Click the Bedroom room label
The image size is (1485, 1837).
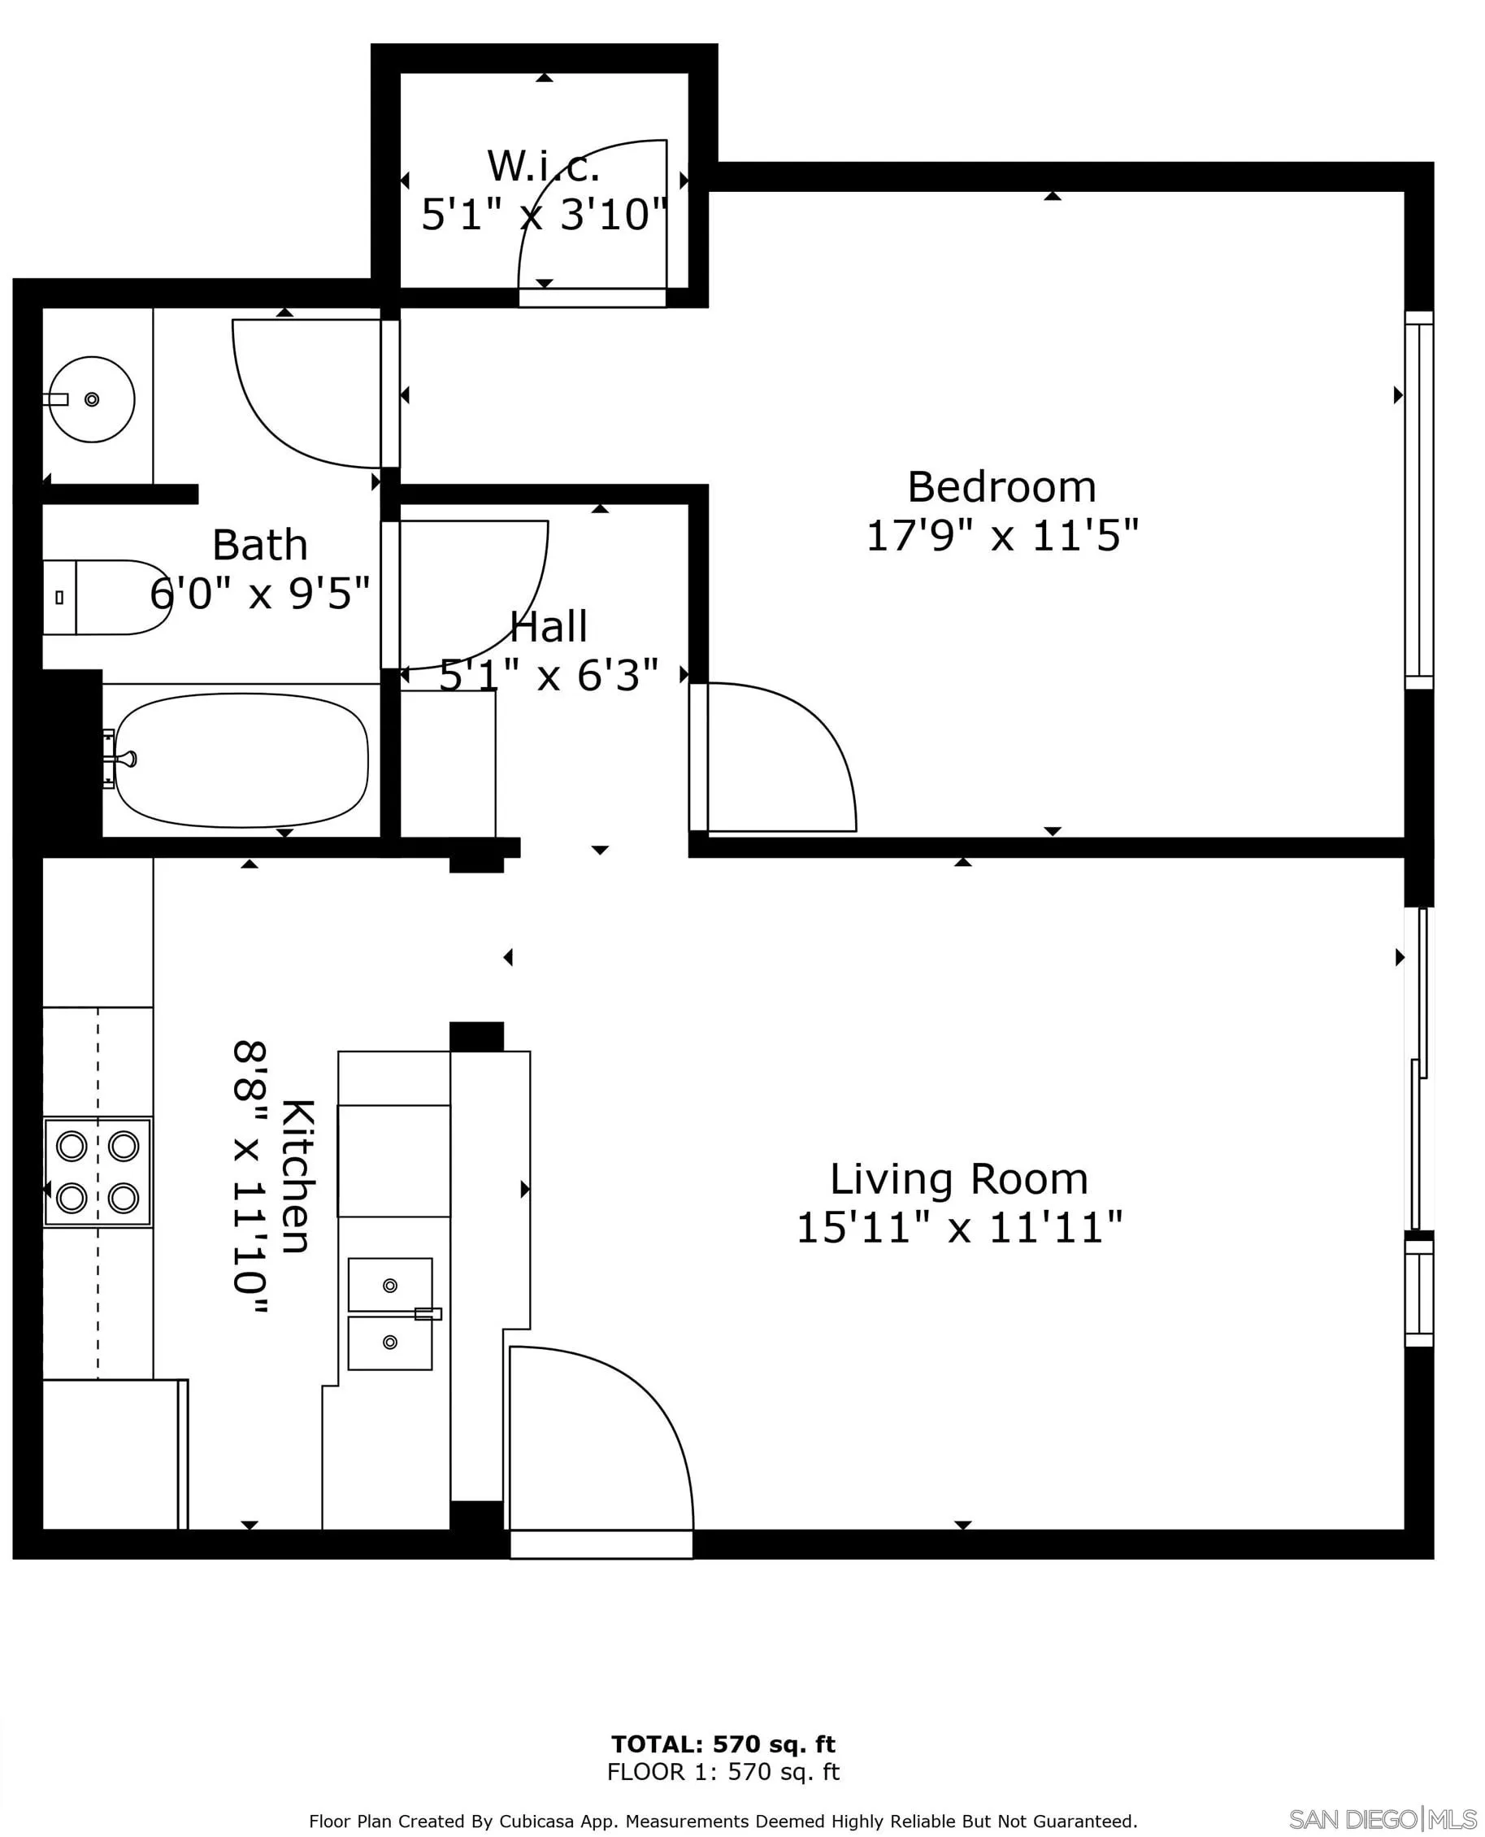point(1001,488)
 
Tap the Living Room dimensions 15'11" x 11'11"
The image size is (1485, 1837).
point(958,1228)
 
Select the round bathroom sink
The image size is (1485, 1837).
point(92,399)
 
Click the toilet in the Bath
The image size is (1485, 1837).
point(107,597)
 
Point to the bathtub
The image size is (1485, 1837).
point(242,760)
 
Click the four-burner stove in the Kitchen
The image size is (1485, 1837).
point(98,1171)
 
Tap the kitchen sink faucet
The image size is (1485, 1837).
point(428,1313)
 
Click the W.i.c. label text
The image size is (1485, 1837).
point(543,166)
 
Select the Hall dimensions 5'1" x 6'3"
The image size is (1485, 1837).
point(549,676)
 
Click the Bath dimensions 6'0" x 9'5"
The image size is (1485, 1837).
point(259,593)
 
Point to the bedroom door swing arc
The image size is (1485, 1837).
point(779,753)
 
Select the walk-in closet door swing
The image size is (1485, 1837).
point(590,214)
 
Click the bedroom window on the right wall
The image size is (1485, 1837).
point(1418,501)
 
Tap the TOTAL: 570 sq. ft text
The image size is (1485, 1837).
point(723,1743)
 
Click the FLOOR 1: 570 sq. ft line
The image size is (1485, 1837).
point(723,1771)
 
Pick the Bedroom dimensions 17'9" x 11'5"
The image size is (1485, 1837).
point(1001,537)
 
